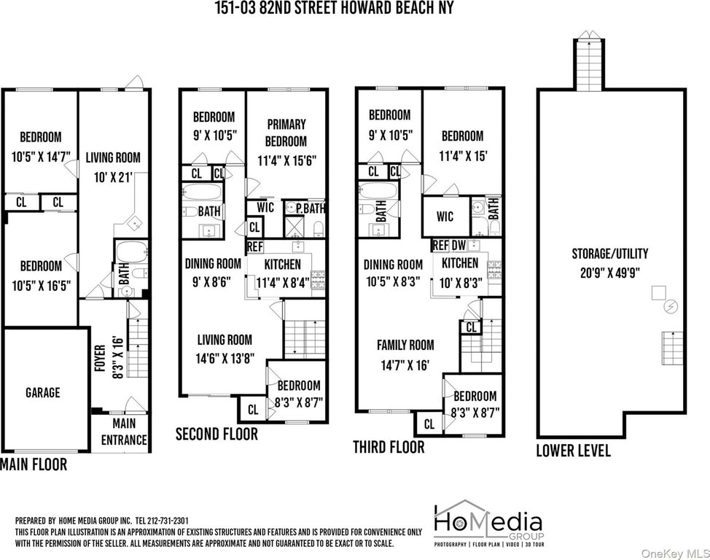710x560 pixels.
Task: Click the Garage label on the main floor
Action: coord(42,392)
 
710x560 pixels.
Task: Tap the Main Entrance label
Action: coord(124,432)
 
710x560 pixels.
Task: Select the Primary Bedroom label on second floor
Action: coord(286,133)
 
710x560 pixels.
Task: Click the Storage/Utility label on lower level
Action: coord(609,254)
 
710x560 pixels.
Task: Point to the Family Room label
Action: coord(405,345)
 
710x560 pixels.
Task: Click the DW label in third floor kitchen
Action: coord(459,246)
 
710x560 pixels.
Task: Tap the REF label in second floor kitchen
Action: coord(255,247)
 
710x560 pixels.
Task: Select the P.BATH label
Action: coord(311,209)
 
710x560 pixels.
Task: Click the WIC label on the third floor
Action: coord(445,216)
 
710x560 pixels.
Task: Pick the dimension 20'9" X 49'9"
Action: coord(609,273)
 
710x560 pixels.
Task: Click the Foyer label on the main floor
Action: coord(100,358)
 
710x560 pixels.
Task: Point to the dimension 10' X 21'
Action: coord(113,177)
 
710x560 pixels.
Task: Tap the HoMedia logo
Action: coord(489,523)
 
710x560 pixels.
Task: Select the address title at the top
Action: coord(334,8)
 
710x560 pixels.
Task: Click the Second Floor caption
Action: coord(216,434)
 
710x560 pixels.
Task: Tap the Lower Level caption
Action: coord(573,451)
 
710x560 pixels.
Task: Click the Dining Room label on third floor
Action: coord(393,265)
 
